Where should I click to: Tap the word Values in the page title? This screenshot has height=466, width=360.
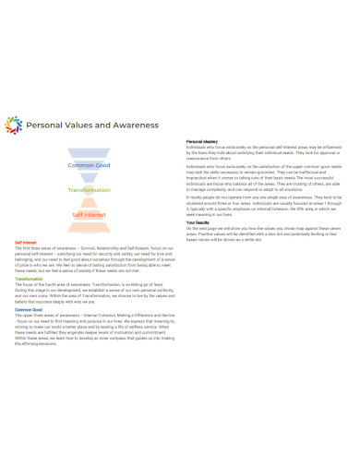77,125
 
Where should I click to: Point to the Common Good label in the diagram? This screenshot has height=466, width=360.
90,165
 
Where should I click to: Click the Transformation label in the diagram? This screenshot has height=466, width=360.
90,189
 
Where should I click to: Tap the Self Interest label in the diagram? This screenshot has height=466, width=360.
90,214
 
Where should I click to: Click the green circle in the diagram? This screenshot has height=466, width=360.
90,195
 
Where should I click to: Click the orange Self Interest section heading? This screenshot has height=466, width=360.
25,244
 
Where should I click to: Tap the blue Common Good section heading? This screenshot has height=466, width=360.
30,309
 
